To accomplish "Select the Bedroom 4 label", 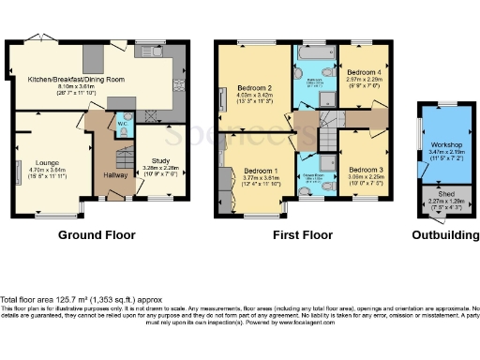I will tap(364, 72).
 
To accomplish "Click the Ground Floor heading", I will tap(97, 235).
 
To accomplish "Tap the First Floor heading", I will tap(303, 235).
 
